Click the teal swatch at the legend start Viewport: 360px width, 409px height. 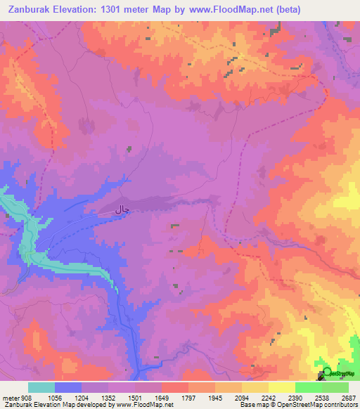[x=41, y=387]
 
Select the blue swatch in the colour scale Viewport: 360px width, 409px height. [x=68, y=387]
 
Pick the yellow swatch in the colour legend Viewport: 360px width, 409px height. [x=282, y=387]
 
